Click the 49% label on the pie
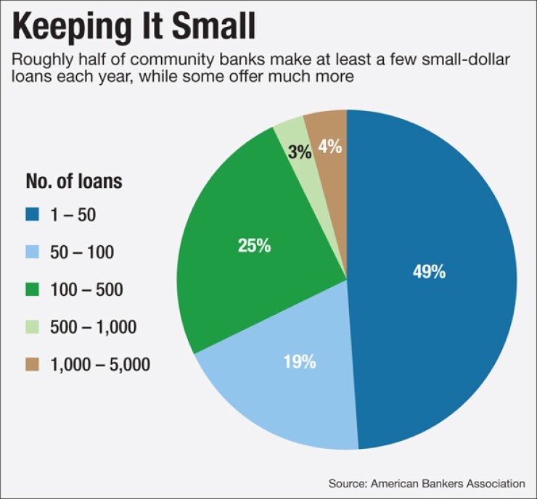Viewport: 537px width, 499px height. [x=429, y=273]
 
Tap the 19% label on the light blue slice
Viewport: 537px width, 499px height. [x=299, y=362]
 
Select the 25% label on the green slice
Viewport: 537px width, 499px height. [x=254, y=245]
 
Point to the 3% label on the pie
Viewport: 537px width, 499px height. [x=300, y=152]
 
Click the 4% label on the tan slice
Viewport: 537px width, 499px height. [x=329, y=147]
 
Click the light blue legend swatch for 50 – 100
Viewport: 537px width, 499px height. [x=33, y=252]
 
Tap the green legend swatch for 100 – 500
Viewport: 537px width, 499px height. [x=33, y=290]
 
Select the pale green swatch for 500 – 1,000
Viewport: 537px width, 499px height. [x=33, y=328]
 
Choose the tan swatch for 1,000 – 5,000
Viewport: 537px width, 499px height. [x=33, y=365]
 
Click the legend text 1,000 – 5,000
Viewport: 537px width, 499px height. [x=101, y=365]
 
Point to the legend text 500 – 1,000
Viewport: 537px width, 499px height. [x=94, y=328]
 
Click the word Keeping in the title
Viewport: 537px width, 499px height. [x=61, y=26]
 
